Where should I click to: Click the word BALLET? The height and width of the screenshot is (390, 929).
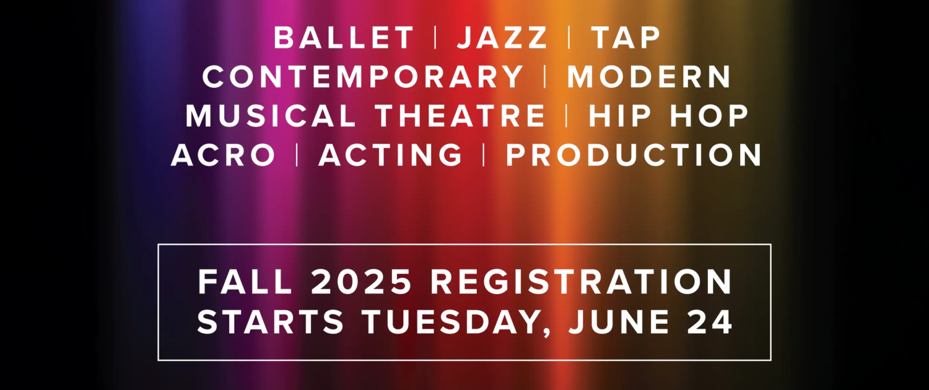click(x=344, y=38)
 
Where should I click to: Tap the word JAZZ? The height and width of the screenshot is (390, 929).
click(x=502, y=38)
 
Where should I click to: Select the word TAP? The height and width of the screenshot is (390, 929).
click(x=626, y=38)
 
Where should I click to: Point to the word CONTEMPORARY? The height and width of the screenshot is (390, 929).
click(x=363, y=77)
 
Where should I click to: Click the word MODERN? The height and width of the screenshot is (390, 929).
click(x=648, y=77)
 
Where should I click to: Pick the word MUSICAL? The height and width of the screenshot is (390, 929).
click(x=271, y=116)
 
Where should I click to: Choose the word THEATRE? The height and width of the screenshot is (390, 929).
click(x=461, y=116)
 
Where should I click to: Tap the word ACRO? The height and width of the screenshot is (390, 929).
click(x=223, y=155)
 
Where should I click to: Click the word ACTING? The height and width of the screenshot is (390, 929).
click(x=390, y=155)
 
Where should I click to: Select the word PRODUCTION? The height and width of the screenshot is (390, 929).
click(x=634, y=155)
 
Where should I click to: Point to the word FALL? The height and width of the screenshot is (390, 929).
click(x=245, y=282)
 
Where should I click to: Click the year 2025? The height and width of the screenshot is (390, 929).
click(x=361, y=282)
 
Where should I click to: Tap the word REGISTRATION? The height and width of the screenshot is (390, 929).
click(x=581, y=282)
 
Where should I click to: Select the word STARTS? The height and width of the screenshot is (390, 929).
click(x=271, y=322)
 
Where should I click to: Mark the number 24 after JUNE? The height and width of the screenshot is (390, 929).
click(x=710, y=322)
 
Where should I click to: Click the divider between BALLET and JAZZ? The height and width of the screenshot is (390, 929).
click(x=435, y=38)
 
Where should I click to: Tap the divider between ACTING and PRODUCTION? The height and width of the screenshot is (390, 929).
click(x=484, y=155)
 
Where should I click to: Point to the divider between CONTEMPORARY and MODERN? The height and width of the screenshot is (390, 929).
click(x=546, y=77)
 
